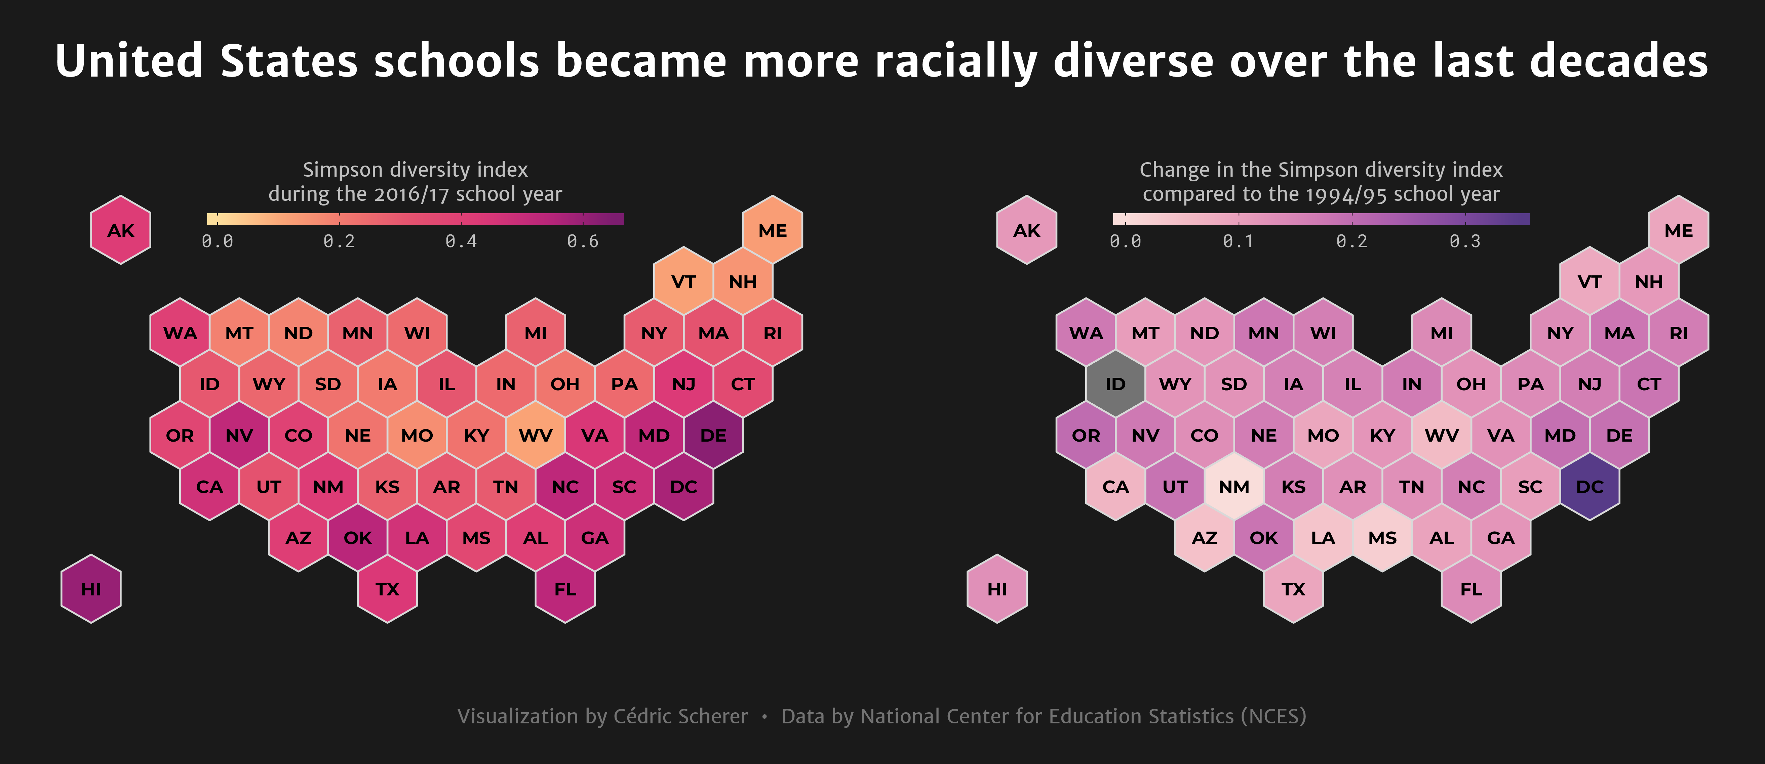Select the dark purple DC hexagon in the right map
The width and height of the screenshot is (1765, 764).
coord(1590,487)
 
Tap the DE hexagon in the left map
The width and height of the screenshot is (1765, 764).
coord(713,436)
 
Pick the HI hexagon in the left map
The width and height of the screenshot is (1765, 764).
coord(91,589)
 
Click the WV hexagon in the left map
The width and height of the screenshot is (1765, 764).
coord(535,436)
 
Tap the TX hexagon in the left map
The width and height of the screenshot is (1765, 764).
coord(387,589)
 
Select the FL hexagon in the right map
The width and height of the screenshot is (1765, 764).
coord(1471,589)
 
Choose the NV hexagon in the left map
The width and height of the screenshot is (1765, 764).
coord(239,436)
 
